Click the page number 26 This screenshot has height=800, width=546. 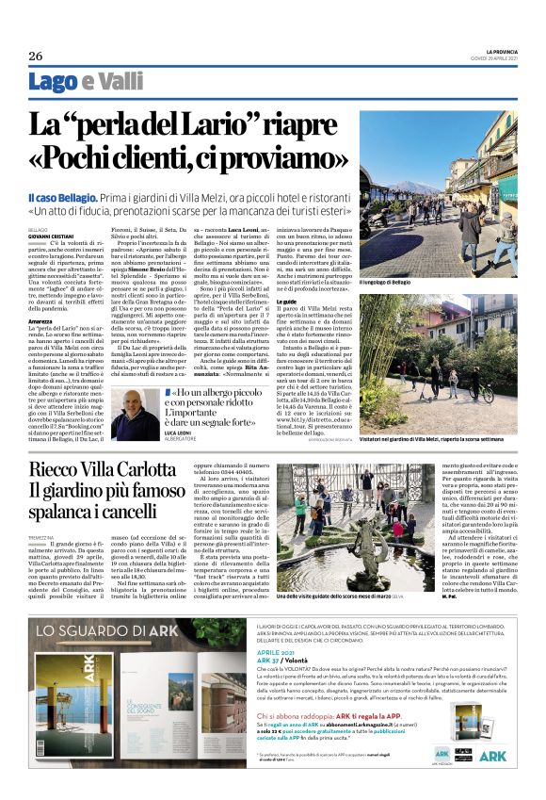[35, 55]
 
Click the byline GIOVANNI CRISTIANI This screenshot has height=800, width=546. [49, 235]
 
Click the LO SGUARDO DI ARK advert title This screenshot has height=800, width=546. [99, 629]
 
